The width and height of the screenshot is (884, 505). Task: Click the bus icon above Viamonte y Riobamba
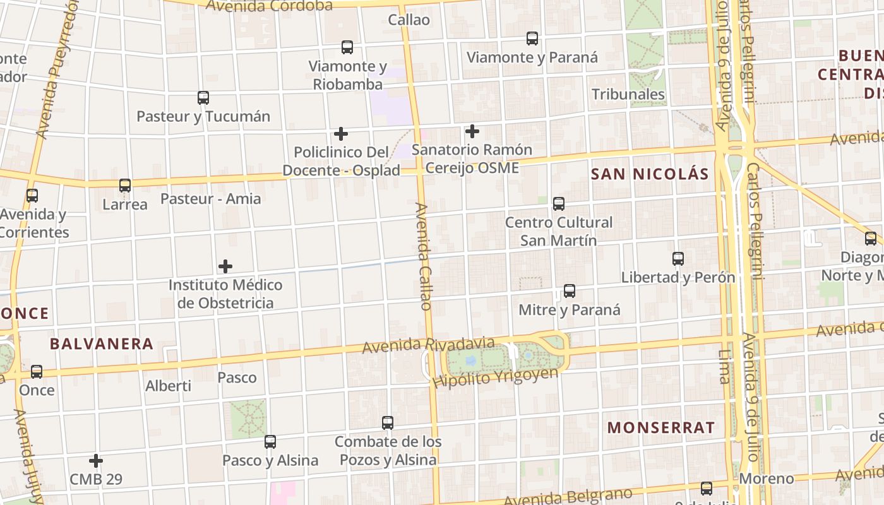[x=347, y=47]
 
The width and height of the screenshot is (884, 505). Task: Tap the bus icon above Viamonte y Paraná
[x=532, y=39]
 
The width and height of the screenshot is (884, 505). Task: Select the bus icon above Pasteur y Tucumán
[x=203, y=98]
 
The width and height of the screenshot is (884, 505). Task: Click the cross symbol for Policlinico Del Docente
[x=341, y=134]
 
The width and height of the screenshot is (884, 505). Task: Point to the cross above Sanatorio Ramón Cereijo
[x=472, y=131]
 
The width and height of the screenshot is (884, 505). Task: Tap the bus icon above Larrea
[x=125, y=186]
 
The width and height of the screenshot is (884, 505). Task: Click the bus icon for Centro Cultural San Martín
[x=559, y=204]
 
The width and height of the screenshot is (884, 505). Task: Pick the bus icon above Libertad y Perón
[x=678, y=259]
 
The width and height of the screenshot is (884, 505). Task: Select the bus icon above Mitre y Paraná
[x=570, y=291]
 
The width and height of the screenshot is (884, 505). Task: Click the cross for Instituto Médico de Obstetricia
[x=225, y=266]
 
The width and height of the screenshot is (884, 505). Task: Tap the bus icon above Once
[x=37, y=372]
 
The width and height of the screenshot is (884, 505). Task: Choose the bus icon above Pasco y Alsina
[x=270, y=442]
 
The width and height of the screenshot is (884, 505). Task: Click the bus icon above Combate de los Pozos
[x=388, y=423]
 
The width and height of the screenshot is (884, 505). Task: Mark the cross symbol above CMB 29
[x=96, y=461]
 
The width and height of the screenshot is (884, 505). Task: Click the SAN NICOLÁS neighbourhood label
[x=650, y=174]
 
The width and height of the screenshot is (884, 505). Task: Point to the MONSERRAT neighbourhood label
[x=660, y=427]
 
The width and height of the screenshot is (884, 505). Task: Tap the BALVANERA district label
[x=102, y=344]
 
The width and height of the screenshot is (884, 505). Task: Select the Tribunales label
[x=628, y=95]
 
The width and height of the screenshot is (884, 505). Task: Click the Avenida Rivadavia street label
[x=428, y=345]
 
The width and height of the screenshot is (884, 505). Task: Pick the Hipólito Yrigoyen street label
[x=496, y=377]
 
